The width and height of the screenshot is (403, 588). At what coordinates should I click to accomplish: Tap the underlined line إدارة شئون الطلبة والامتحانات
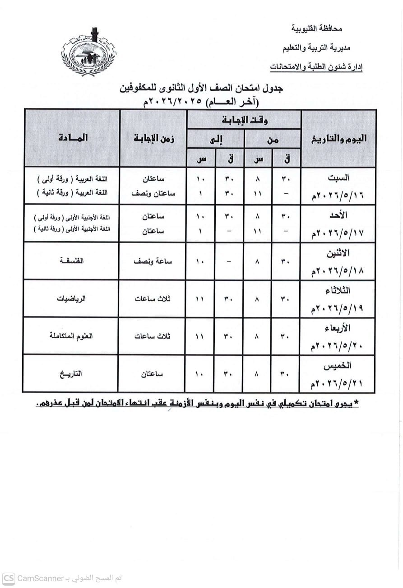[x=317, y=67]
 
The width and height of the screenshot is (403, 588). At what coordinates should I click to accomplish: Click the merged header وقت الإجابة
[x=244, y=120]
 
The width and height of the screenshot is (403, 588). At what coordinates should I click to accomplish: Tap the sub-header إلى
[x=217, y=140]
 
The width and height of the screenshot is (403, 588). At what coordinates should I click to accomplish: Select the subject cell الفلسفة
[x=72, y=261]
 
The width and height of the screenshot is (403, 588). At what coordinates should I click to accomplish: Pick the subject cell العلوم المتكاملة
[x=71, y=336]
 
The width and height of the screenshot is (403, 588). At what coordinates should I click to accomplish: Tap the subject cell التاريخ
[x=72, y=374]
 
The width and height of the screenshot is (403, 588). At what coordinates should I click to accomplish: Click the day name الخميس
[x=338, y=365]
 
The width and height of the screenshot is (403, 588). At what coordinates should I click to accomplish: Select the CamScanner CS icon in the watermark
[x=9, y=579]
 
